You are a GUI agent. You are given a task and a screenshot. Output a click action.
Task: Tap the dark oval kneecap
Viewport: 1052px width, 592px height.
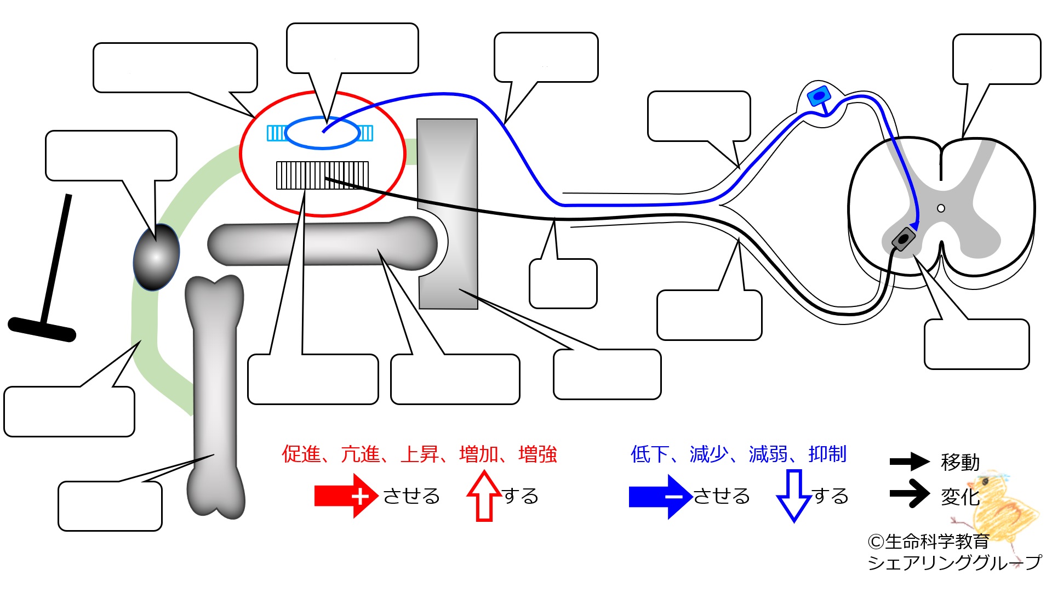tap(156, 257)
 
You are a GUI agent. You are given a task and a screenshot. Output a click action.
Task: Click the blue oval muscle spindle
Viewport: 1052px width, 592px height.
tap(322, 133)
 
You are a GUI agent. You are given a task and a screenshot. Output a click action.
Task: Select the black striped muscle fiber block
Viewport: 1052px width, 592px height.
tap(322, 175)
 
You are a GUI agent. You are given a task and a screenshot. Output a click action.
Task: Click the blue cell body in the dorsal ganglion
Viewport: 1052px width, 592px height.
tap(819, 96)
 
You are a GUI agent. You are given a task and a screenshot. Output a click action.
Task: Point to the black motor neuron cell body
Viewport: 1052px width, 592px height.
tap(903, 240)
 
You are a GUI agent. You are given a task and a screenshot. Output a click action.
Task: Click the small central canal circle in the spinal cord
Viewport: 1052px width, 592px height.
tap(941, 208)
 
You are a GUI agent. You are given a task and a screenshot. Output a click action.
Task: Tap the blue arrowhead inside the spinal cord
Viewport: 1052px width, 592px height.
tap(913, 226)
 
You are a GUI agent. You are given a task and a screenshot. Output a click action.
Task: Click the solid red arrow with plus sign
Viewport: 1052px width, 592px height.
tap(346, 496)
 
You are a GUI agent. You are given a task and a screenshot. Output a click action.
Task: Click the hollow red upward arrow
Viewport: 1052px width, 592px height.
tap(484, 496)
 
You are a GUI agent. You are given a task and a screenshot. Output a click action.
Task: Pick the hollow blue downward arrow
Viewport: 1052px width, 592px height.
tap(794, 496)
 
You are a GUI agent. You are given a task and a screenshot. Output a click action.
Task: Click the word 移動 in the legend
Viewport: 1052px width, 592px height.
tap(960, 462)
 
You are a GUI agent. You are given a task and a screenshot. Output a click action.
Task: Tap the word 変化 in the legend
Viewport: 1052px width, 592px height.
tap(960, 497)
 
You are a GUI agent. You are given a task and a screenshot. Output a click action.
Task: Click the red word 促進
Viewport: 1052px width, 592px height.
tap(301, 454)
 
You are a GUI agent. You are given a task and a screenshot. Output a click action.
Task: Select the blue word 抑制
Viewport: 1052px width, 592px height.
tap(827, 454)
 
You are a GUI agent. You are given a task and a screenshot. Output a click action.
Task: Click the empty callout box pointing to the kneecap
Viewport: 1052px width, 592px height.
tap(111, 156)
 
